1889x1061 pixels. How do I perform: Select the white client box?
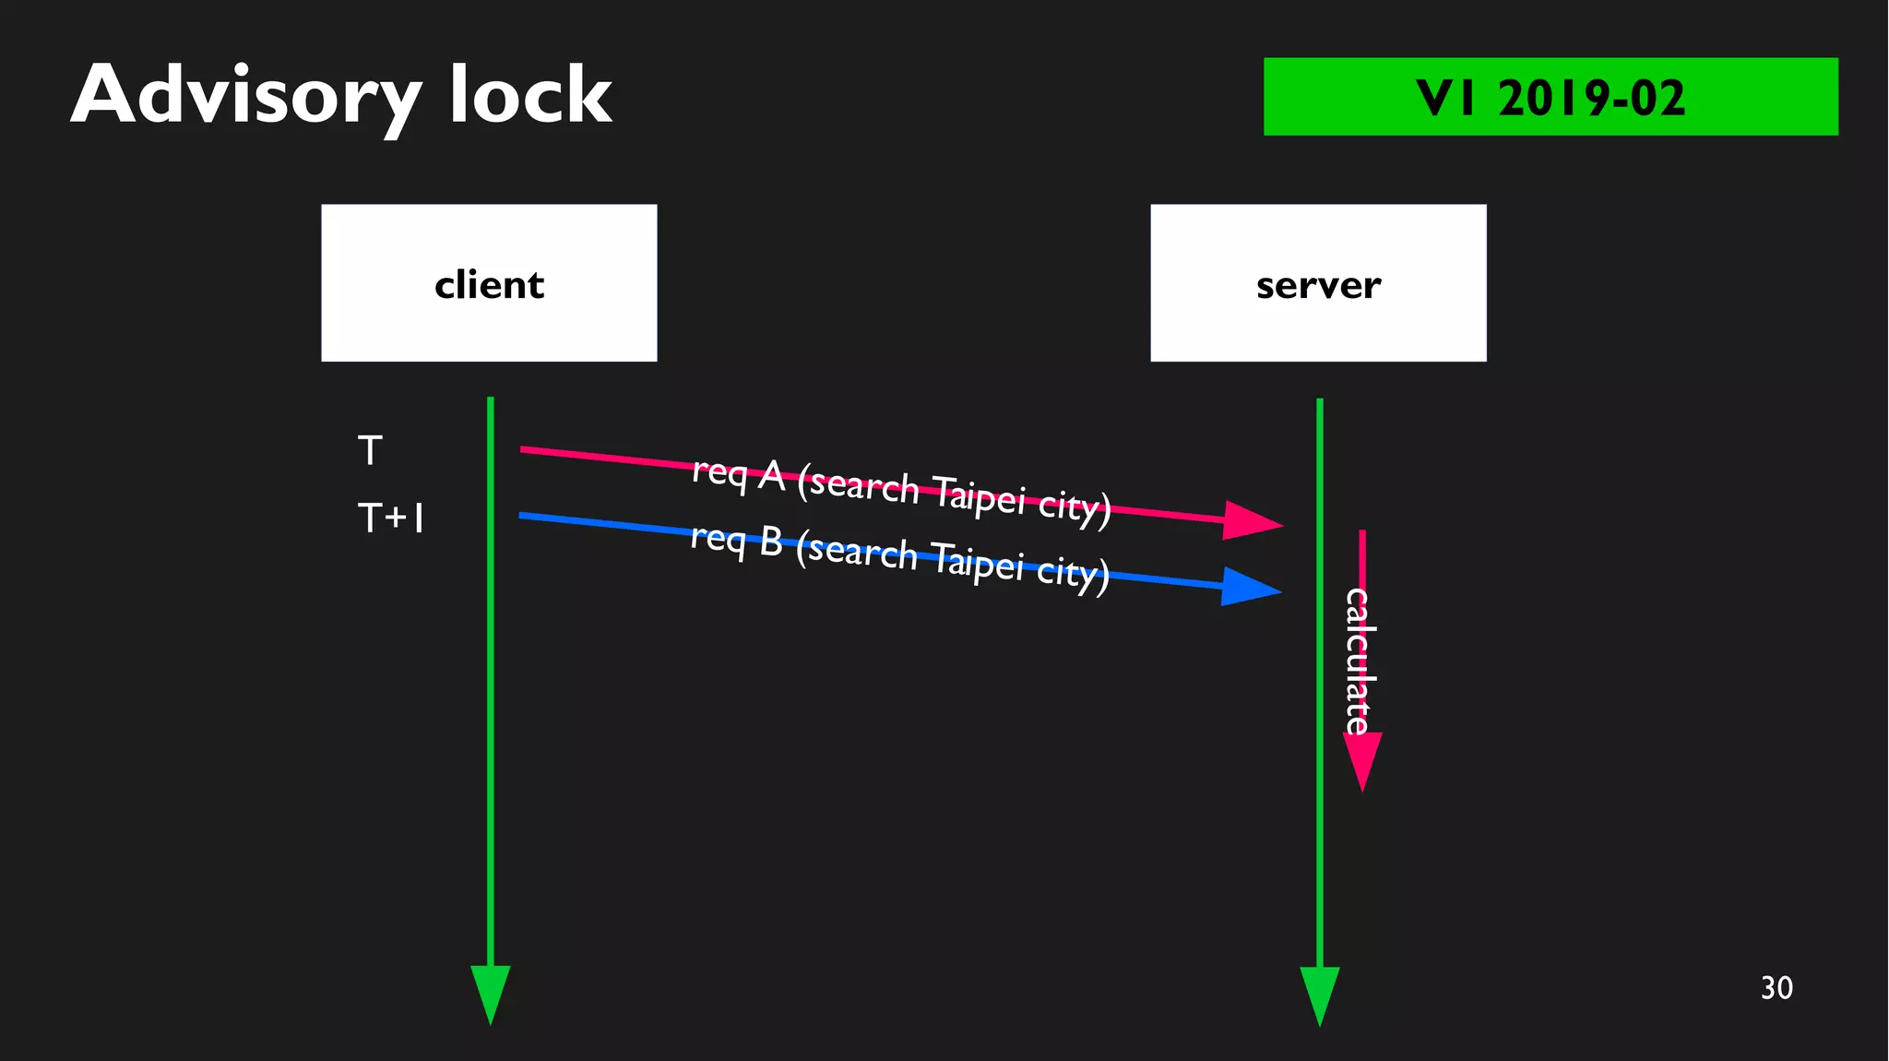click(x=489, y=282)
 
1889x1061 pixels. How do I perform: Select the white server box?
click(x=1318, y=282)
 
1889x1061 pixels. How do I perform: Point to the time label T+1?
click(x=391, y=519)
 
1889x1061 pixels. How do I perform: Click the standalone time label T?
click(x=370, y=451)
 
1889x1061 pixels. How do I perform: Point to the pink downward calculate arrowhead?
click(x=1362, y=760)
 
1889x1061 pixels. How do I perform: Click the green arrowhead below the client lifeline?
click(x=491, y=993)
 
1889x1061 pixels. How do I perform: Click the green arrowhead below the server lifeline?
click(x=1320, y=995)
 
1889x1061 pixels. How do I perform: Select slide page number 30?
click(x=1776, y=988)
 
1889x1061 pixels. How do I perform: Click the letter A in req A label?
click(x=772, y=477)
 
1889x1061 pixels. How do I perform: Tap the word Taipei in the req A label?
click(x=979, y=494)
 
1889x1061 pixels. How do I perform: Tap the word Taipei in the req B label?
click(x=977, y=560)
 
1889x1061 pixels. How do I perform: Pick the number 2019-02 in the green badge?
click(x=1592, y=98)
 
